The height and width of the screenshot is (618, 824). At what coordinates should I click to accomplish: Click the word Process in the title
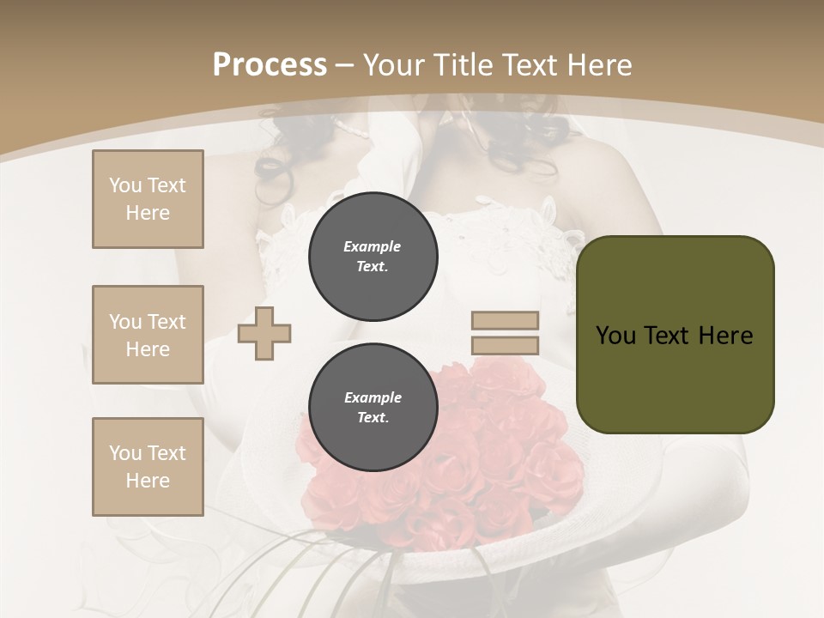pyautogui.click(x=270, y=65)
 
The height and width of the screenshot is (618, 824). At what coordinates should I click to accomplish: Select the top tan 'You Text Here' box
pyautogui.click(x=148, y=199)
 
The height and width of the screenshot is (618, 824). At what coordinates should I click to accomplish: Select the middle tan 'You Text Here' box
pyautogui.click(x=148, y=335)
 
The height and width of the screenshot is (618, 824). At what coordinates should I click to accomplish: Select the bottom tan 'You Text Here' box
pyautogui.click(x=148, y=467)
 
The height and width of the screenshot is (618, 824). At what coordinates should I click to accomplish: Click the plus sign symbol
pyautogui.click(x=264, y=333)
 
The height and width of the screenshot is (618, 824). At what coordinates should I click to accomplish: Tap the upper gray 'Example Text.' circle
pyautogui.click(x=373, y=257)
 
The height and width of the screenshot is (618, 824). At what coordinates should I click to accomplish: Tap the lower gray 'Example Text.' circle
pyautogui.click(x=373, y=408)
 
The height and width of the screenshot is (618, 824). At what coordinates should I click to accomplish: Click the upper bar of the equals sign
pyautogui.click(x=505, y=321)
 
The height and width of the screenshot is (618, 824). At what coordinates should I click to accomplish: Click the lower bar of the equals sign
pyautogui.click(x=505, y=346)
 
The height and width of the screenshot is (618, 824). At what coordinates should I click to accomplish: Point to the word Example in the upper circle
pyautogui.click(x=373, y=246)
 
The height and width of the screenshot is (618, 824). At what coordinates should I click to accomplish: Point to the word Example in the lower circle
pyautogui.click(x=373, y=397)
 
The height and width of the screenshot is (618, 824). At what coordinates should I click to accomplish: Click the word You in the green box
pyautogui.click(x=615, y=336)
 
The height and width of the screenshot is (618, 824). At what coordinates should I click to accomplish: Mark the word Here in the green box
pyautogui.click(x=725, y=336)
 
